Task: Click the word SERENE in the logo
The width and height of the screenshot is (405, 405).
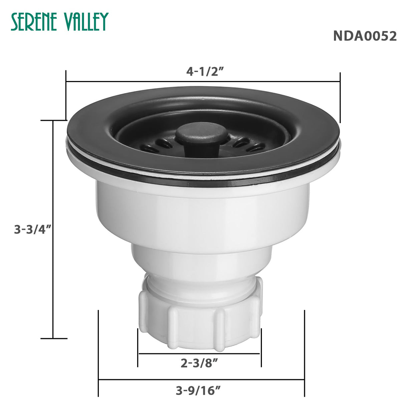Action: click(36, 22)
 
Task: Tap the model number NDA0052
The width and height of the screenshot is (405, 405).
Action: click(365, 36)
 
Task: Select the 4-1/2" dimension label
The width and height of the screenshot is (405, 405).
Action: click(205, 71)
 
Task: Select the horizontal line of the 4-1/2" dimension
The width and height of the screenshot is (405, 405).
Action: click(133, 81)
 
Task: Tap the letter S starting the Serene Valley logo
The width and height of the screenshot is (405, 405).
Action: click(15, 22)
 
